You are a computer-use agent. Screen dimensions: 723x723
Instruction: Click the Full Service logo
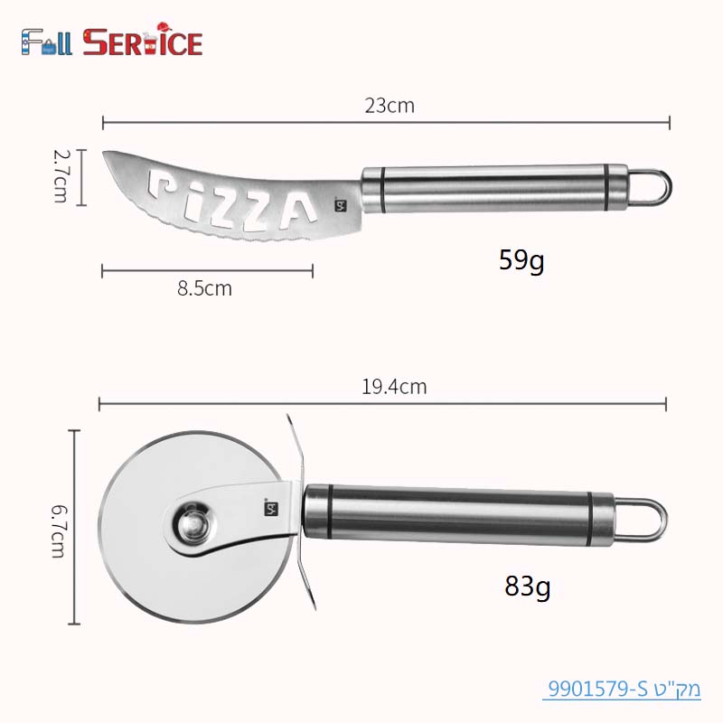pyautogui.click(x=111, y=42)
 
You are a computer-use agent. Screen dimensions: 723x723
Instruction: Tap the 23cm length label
pyautogui.click(x=390, y=106)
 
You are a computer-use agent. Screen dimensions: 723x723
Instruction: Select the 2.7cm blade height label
pyautogui.click(x=61, y=176)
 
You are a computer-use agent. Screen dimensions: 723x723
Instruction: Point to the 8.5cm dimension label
pyautogui.click(x=204, y=289)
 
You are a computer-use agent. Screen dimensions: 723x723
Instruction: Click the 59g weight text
pyautogui.click(x=521, y=261)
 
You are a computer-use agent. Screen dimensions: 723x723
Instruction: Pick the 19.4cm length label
pyautogui.click(x=394, y=388)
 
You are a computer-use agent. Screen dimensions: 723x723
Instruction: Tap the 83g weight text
pyautogui.click(x=528, y=587)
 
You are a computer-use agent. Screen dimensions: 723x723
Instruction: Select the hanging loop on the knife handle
pyautogui.click(x=652, y=185)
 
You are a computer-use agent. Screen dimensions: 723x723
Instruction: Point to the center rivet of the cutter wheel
pyautogui.click(x=190, y=521)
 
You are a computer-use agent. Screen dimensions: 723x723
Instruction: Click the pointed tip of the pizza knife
pyautogui.click(x=106, y=155)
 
